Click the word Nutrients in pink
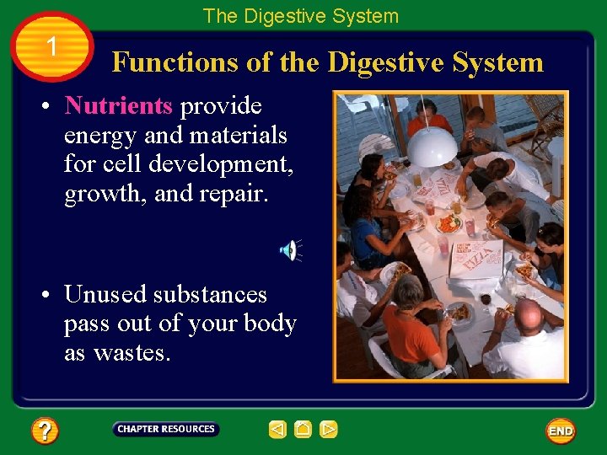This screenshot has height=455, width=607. pyautogui.click(x=118, y=106)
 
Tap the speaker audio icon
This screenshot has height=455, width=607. pyautogui.click(x=288, y=249)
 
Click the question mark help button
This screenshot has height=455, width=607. pyautogui.click(x=45, y=431)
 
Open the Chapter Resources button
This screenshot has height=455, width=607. pyautogui.click(x=166, y=430)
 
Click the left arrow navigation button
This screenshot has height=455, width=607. pyautogui.click(x=277, y=430)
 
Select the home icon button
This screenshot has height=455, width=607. pyautogui.click(x=303, y=430)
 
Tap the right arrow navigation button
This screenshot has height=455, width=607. pyautogui.click(x=329, y=430)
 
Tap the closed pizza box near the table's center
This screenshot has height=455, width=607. pyautogui.click(x=475, y=259)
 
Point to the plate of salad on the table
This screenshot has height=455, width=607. pyautogui.click(x=449, y=224)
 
